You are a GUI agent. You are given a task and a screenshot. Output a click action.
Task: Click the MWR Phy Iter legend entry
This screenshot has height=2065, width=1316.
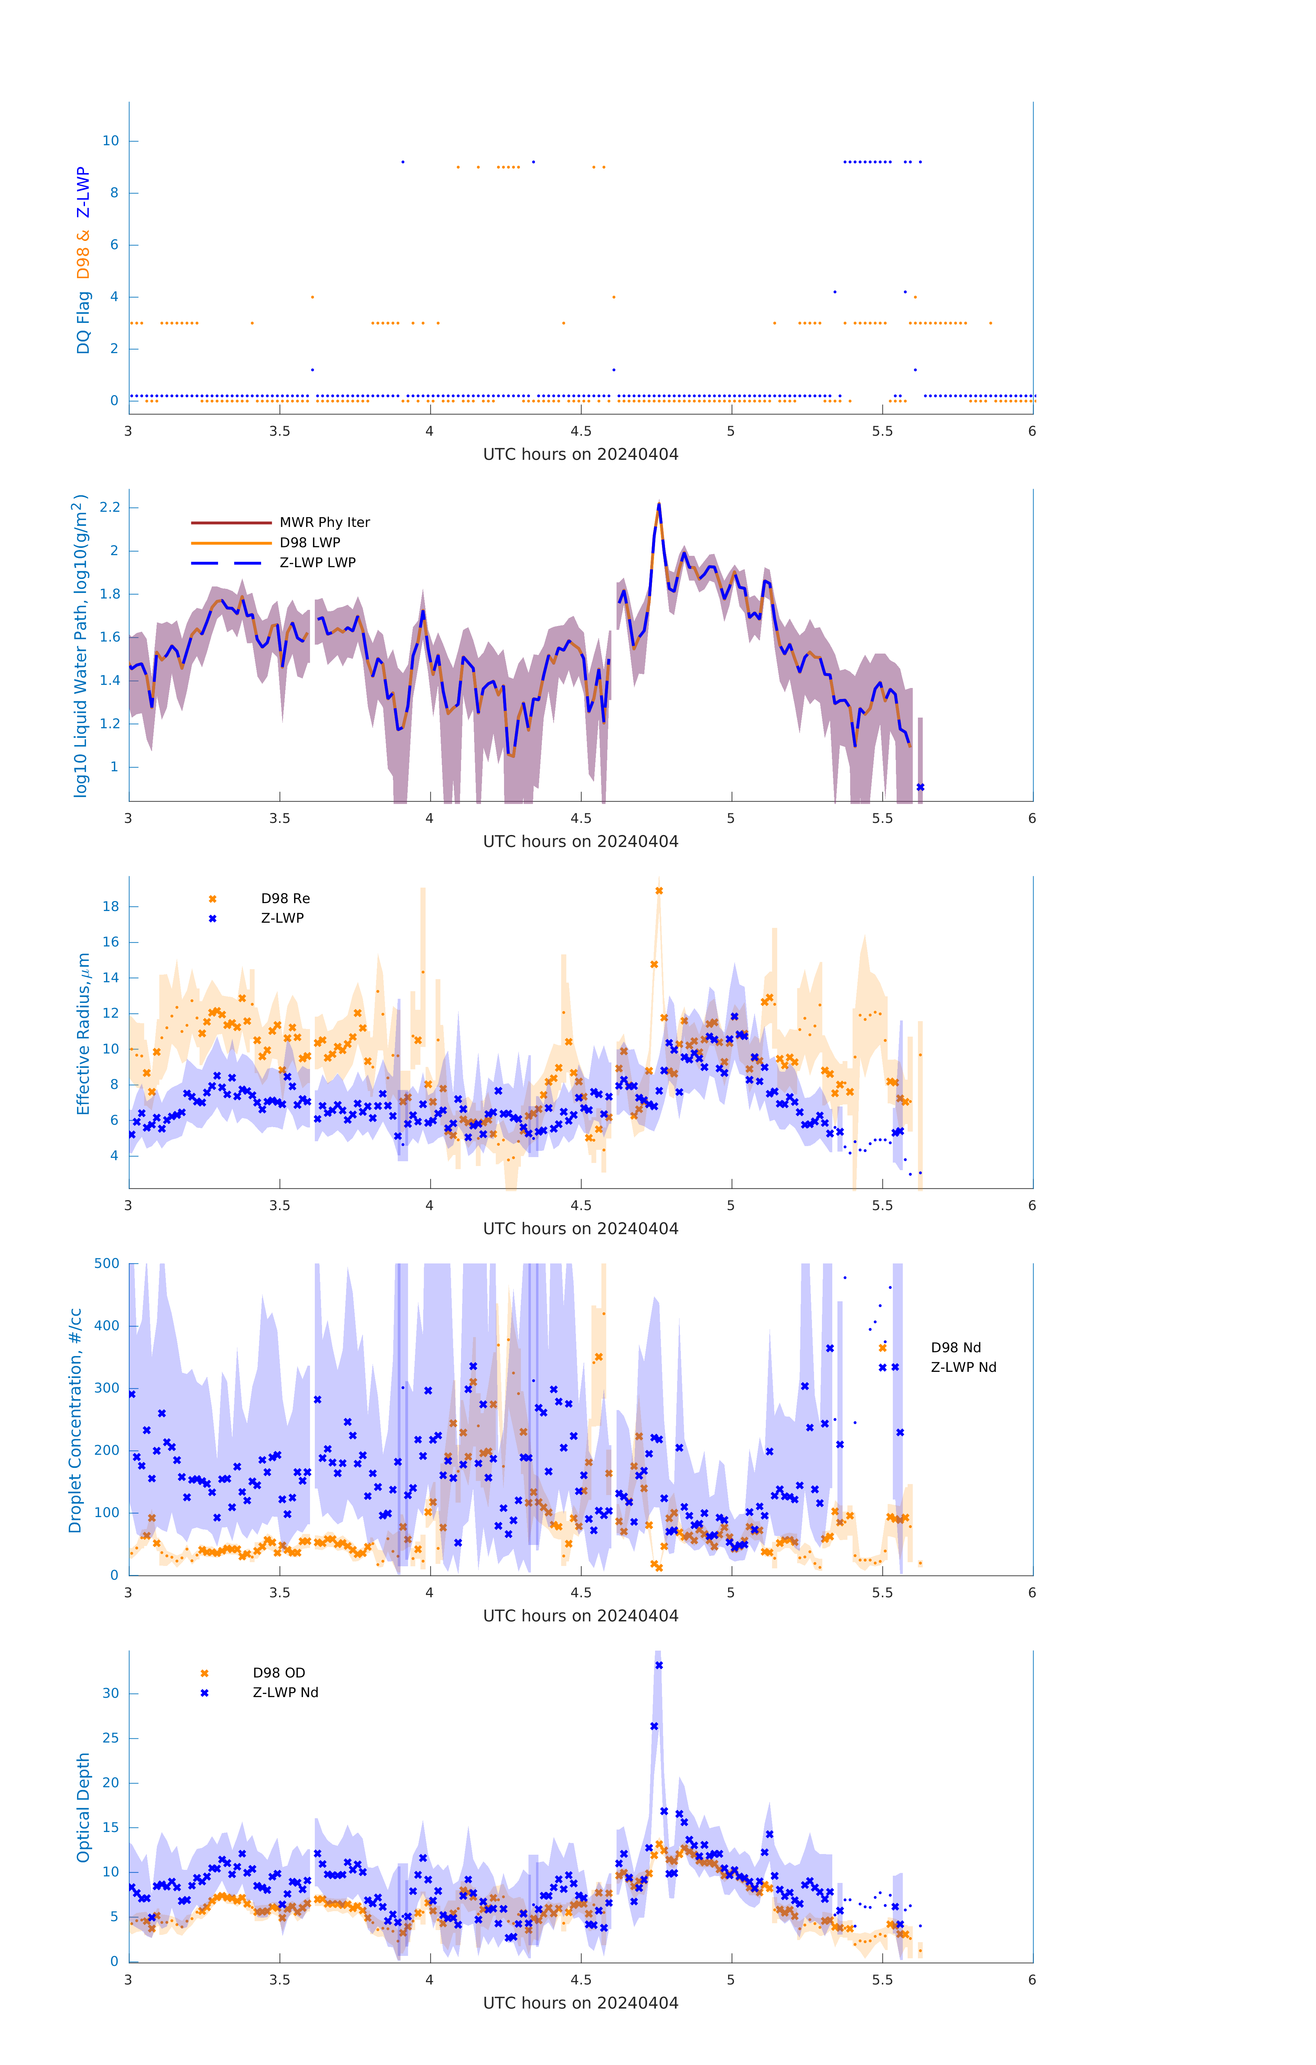pos(324,522)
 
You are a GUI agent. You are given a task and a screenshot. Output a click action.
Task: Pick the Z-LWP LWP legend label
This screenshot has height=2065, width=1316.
pos(317,563)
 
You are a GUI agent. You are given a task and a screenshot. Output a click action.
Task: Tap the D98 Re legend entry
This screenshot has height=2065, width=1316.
pos(285,899)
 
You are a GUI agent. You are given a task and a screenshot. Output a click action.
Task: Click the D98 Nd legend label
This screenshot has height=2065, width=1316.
pos(955,1347)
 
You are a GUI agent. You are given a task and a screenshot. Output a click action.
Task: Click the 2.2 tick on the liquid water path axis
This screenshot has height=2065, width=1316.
pos(110,508)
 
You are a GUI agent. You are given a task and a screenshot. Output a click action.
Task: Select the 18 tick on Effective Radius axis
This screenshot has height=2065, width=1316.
pos(110,907)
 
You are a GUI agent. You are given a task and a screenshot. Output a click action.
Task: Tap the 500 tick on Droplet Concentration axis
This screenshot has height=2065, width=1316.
pos(107,1263)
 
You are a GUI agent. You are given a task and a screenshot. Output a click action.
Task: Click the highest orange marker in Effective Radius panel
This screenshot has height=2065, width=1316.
pos(659,891)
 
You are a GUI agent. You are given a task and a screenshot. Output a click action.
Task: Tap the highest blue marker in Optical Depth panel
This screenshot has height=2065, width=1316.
pos(659,1665)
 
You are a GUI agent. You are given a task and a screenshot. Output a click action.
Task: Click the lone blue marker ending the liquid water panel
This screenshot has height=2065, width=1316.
pos(920,787)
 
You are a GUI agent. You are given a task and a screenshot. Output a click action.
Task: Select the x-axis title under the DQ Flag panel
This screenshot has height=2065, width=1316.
pos(580,455)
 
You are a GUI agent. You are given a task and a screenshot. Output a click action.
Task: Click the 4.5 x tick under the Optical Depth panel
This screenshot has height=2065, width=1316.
pos(580,1980)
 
